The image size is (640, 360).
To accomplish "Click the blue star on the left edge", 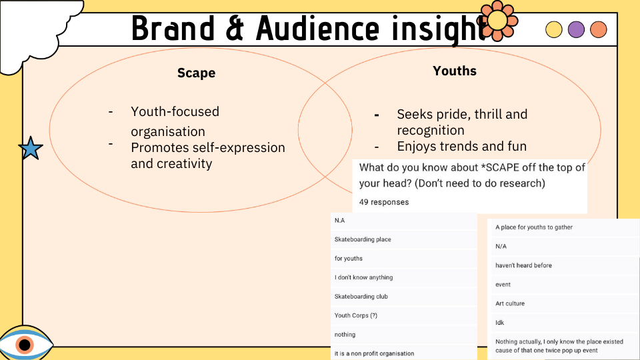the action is coord(31,148).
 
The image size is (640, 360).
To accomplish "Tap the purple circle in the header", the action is coord(576,29).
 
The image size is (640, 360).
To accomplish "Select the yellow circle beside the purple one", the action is coord(554,29).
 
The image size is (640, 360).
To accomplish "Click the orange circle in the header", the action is coord(599,29).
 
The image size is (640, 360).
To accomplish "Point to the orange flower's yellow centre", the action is coord(497,21).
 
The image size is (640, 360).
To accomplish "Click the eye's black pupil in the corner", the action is coord(25,345).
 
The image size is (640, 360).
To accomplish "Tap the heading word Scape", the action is coord(196,73).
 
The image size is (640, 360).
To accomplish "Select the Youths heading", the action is coord(455,71).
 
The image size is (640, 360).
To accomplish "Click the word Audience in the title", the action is coord(317,29).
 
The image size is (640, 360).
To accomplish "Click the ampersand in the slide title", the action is coord(234,29).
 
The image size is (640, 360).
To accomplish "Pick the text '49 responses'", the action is coord(384,202).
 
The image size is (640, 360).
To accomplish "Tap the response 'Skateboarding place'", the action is coord(363,239).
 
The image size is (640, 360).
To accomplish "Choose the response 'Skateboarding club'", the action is coord(361,296).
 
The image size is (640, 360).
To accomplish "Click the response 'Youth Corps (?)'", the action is coord(355,315).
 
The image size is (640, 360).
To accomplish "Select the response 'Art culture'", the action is coord(510,304).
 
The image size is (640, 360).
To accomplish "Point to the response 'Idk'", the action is coord(499,323).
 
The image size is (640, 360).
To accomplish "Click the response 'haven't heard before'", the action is coord(523,265).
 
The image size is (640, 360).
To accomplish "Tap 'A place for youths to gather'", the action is coord(534,227).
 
